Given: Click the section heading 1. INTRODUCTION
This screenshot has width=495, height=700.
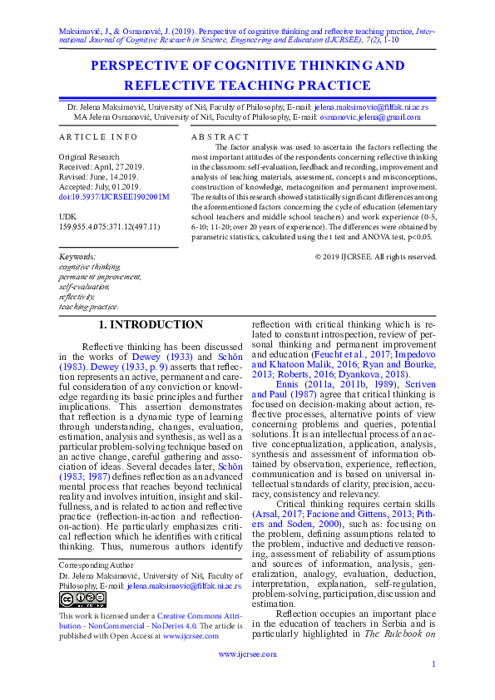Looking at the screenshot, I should point(151,325).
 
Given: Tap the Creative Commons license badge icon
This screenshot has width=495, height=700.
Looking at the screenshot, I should point(70,599).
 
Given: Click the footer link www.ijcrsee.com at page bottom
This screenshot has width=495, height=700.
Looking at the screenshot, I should point(247,654).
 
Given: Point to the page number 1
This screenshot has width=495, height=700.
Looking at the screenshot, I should point(434,687).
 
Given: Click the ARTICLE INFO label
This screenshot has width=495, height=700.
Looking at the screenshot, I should point(99,136).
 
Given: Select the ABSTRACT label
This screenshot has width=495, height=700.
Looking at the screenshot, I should point(220,136).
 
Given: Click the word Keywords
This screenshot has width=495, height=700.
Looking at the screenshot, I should point(77,257).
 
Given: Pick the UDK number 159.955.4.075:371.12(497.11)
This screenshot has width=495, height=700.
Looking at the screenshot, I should point(108,227).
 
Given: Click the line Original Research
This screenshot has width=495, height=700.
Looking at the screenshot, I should point(88,156).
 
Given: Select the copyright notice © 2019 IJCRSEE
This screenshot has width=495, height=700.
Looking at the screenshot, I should point(376,257).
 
